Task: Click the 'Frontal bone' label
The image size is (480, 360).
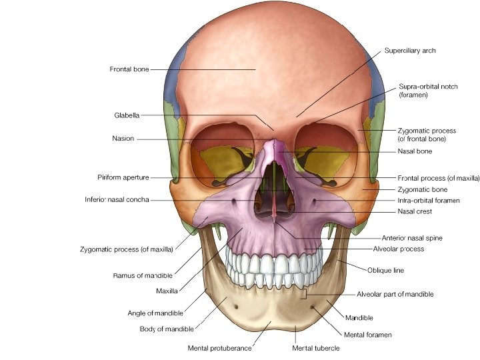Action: (x=129, y=69)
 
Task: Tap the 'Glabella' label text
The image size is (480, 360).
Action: (x=127, y=115)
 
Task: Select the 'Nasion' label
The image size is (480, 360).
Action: (x=123, y=139)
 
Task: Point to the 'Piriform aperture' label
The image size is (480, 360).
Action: (x=123, y=177)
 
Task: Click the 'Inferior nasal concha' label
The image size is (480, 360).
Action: (x=117, y=199)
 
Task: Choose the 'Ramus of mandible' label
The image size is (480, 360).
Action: (x=143, y=275)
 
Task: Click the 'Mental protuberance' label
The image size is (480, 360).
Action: (x=219, y=348)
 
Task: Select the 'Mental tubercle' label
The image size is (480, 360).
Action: (x=316, y=348)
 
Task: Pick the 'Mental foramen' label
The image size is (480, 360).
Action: (x=368, y=334)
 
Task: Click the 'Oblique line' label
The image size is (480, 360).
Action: (x=385, y=270)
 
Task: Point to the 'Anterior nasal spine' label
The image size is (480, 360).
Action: (x=411, y=237)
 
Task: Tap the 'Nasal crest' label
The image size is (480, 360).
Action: (x=415, y=211)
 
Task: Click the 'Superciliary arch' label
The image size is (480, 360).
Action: (x=410, y=51)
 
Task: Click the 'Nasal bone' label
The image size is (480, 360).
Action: (x=415, y=151)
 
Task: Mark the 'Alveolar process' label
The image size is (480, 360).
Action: (x=399, y=249)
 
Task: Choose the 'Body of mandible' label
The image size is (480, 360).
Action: (x=167, y=329)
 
